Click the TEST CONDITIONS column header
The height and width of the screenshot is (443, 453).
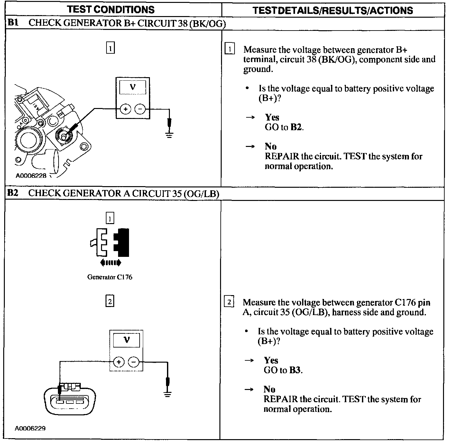pyautogui.click(x=111, y=9)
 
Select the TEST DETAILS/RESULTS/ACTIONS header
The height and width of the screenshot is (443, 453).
pyautogui.click(x=333, y=10)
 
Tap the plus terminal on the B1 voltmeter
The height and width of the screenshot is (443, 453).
pyautogui.click(x=125, y=109)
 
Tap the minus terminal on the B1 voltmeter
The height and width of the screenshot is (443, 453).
pyautogui.click(x=140, y=109)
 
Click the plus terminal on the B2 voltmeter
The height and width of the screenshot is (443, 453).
pyautogui.click(x=119, y=362)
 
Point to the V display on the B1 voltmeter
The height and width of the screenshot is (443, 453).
pyautogui.click(x=133, y=87)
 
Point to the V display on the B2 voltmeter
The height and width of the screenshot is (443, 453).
pyautogui.click(x=127, y=340)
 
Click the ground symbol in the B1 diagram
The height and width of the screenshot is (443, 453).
pyautogui.click(x=169, y=134)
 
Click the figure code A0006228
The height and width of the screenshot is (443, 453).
pyautogui.click(x=31, y=176)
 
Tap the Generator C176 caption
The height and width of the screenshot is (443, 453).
pyautogui.click(x=110, y=277)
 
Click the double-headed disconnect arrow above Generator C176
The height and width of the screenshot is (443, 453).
pyautogui.click(x=111, y=263)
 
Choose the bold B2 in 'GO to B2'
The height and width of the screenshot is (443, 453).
pyautogui.click(x=296, y=127)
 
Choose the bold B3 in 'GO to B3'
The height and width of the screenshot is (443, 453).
pyautogui.click(x=295, y=370)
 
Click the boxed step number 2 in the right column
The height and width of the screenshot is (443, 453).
pyautogui.click(x=229, y=302)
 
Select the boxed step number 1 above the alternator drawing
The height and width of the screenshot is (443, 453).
pyautogui.click(x=110, y=48)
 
